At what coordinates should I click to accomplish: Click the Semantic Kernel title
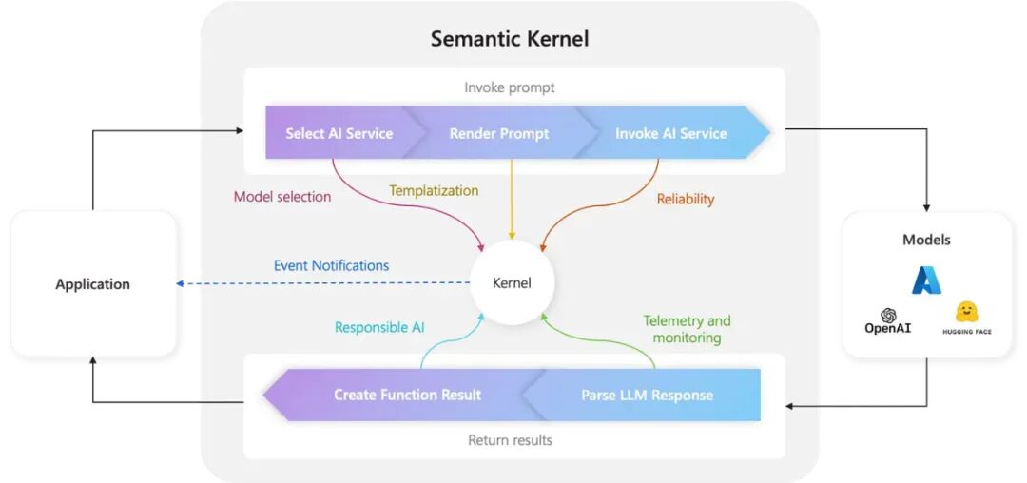[x=510, y=39]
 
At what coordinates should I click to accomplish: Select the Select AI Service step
[x=339, y=133]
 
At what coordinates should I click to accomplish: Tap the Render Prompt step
[x=499, y=133]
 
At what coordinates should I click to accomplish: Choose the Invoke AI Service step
[x=670, y=133]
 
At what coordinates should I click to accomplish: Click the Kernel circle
[x=512, y=282]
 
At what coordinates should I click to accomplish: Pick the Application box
[x=93, y=283]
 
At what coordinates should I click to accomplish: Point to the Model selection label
[x=282, y=197]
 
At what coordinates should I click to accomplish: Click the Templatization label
[x=434, y=190]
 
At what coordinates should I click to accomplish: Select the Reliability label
[x=685, y=199]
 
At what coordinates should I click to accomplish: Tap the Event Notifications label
[x=331, y=265]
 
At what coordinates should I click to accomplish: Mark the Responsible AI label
[x=379, y=327]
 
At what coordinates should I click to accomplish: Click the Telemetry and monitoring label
[x=687, y=329]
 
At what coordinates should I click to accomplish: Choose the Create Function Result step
[x=407, y=395]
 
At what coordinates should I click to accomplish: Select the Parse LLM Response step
[x=647, y=395]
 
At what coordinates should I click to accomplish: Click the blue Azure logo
[x=926, y=280]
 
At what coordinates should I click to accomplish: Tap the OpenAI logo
[x=888, y=321]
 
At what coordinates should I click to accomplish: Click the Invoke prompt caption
[x=510, y=87]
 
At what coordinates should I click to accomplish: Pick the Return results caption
[x=510, y=440]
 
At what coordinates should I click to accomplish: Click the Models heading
[x=926, y=240]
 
